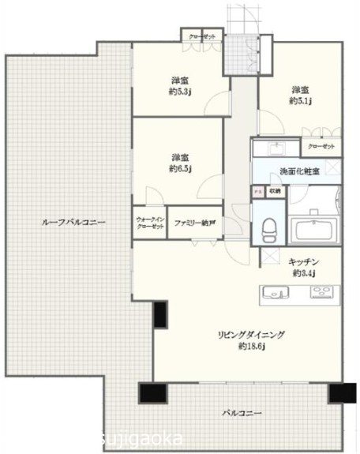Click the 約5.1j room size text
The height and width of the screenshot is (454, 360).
(x=301, y=101)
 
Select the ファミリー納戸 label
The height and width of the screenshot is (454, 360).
(x=193, y=223)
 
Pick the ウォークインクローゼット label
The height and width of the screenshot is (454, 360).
(x=150, y=223)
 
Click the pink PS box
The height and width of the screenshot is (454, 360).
(x=257, y=190)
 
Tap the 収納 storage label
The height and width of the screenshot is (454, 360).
(x=273, y=190)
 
